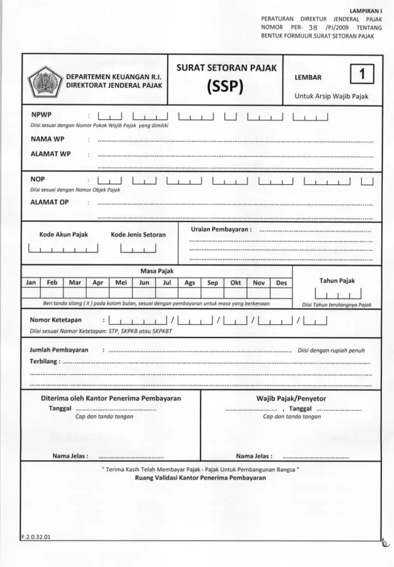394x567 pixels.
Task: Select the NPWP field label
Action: point(41,116)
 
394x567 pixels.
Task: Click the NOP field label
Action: point(38,179)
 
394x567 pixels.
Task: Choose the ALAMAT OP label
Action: point(49,202)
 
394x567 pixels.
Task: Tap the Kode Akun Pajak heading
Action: point(64,234)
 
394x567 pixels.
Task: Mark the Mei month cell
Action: point(121,282)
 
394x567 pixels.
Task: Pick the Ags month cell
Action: point(190,282)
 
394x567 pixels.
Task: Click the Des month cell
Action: point(281,282)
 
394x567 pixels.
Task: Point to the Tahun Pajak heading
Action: point(336,281)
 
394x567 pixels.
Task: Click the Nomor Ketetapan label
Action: point(55,321)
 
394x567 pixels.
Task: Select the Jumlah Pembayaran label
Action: point(59,350)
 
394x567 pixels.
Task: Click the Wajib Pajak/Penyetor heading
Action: point(291,398)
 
